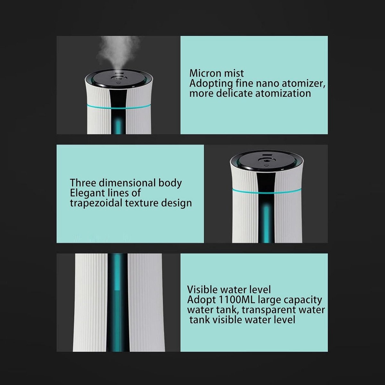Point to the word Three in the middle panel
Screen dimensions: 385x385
coord(83,183)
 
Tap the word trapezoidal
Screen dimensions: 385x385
coord(96,203)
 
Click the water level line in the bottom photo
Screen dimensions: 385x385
coord(117,290)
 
